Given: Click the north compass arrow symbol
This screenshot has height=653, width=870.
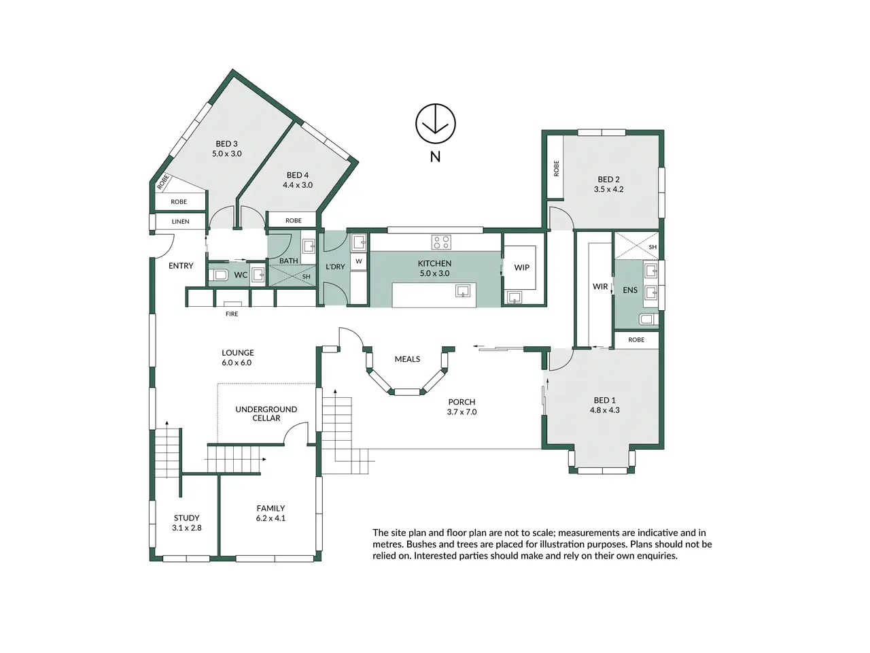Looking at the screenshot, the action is [435, 123].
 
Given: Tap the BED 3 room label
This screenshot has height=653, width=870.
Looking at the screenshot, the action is [226, 144].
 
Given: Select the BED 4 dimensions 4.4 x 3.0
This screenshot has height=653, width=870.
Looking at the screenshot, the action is [298, 185].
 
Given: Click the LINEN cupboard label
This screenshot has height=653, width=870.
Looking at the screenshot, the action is [180, 222].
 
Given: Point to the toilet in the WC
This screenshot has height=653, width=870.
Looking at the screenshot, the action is [218, 274].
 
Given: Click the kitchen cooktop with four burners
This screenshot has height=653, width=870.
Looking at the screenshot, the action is [441, 242].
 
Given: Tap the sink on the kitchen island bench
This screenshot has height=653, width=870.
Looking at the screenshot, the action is [463, 290].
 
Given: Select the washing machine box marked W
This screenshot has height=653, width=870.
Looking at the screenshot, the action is [359, 261].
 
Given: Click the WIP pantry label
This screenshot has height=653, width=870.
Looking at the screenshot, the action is [521, 267].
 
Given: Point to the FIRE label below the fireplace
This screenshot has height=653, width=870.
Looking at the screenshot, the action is [232, 314].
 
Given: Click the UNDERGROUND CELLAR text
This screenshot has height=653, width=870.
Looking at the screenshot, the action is [266, 414].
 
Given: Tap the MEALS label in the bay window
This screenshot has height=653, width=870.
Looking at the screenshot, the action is [407, 359].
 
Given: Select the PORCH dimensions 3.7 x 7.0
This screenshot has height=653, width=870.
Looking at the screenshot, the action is [462, 412].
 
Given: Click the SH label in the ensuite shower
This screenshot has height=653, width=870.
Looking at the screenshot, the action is [652, 247].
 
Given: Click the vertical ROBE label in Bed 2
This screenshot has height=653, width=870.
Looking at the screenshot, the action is [556, 168].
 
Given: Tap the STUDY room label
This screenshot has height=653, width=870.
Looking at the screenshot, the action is [186, 518].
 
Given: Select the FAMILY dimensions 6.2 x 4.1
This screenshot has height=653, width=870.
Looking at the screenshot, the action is [271, 518].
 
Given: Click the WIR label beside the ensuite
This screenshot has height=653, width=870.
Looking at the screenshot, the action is [600, 286].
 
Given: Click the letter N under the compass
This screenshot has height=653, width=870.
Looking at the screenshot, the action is [435, 157].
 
